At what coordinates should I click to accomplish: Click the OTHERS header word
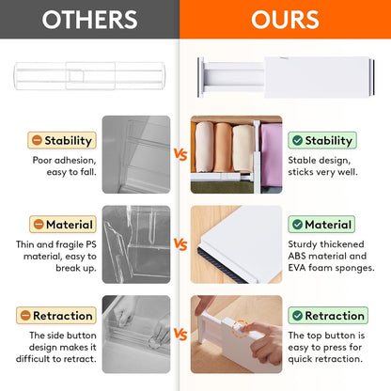[x=89, y=20]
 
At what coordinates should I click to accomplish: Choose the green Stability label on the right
[x=322, y=141]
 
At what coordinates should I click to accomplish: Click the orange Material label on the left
[x=62, y=225]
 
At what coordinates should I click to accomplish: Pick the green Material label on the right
[x=322, y=225]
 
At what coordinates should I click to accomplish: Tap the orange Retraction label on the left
[x=62, y=315]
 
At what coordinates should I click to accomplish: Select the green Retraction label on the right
[x=322, y=315]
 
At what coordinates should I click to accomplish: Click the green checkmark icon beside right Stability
[x=297, y=141]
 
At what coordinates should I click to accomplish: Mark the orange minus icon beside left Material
[x=38, y=225]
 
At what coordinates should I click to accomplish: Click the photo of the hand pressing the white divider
[x=235, y=334]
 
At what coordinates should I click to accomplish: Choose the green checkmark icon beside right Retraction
[x=297, y=315]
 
